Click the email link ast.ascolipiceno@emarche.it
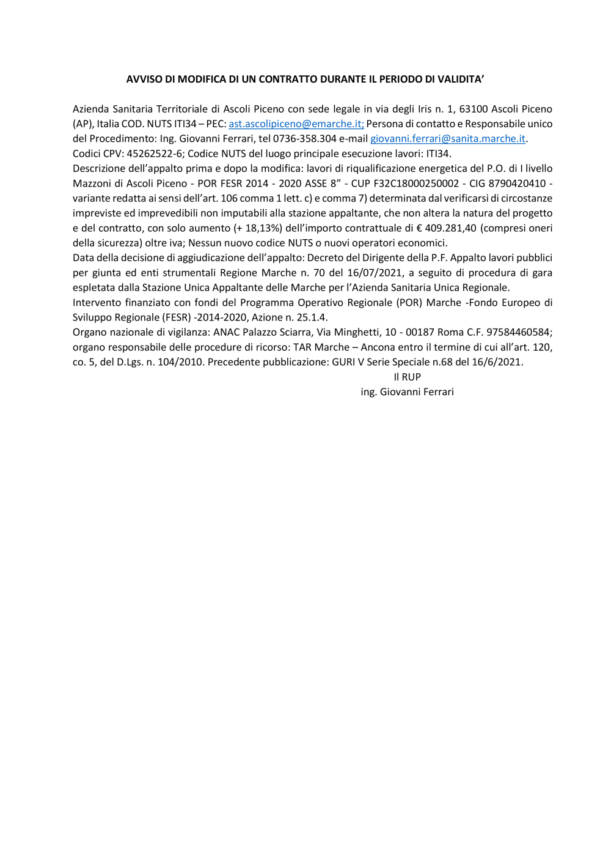[x=296, y=124]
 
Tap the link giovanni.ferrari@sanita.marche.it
[x=447, y=139]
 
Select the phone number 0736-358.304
[x=304, y=139]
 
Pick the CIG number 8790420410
[x=517, y=184]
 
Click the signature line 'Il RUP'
[x=407, y=377]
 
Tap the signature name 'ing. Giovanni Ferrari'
[x=407, y=392]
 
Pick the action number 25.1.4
[x=312, y=317]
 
